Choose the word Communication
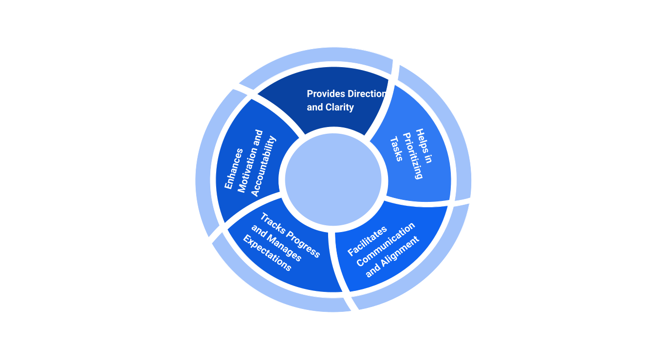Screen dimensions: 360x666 point(386,244)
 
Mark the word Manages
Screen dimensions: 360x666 point(284,249)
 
